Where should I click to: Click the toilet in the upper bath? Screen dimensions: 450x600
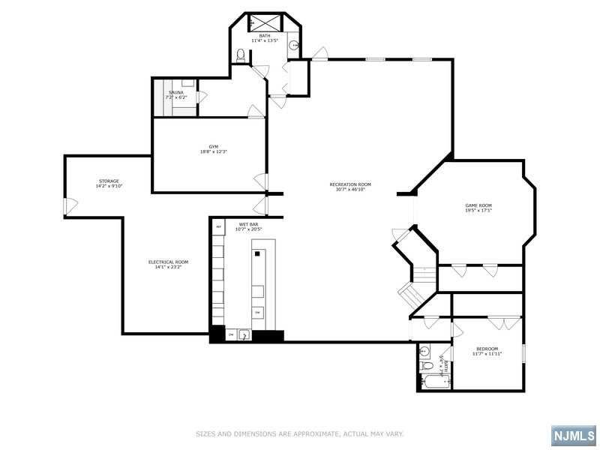[241, 54]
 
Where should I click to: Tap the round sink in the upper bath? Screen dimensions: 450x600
[295, 45]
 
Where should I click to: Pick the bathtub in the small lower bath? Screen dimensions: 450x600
[434, 382]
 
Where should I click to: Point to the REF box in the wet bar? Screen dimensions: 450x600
[219, 226]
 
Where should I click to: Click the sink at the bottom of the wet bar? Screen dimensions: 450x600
[244, 335]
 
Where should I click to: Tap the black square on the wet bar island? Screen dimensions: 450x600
[256, 254]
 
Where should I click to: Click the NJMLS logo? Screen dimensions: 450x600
[573, 436]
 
